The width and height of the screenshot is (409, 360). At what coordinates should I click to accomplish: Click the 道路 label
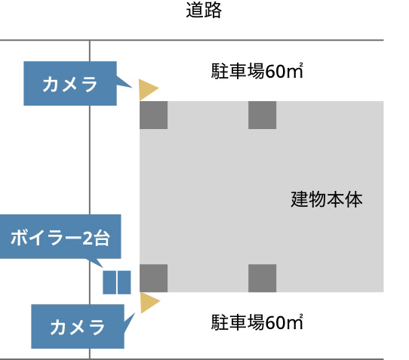pyautogui.click(x=204, y=10)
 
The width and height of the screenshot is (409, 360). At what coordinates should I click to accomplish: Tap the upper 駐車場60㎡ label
pyautogui.click(x=257, y=71)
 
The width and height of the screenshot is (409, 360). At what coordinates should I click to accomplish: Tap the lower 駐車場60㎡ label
pyautogui.click(x=257, y=322)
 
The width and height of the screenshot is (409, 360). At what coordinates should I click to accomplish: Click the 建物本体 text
pyautogui.click(x=327, y=199)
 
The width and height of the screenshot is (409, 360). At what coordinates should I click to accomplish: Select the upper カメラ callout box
pyautogui.click(x=70, y=84)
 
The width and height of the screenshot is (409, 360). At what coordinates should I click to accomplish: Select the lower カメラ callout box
pyautogui.click(x=78, y=326)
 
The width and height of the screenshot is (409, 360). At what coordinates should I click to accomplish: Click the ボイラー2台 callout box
pyautogui.click(x=60, y=237)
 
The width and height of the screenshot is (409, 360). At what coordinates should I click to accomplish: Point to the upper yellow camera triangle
pyautogui.click(x=147, y=90)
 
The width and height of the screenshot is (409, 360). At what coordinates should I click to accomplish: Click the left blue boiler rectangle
pyautogui.click(x=109, y=282)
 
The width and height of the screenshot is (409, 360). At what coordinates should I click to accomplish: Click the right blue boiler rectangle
pyautogui.click(x=125, y=282)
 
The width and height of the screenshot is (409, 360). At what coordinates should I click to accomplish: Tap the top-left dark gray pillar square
pyautogui.click(x=154, y=115)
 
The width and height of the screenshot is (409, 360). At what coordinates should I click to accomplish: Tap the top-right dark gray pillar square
pyautogui.click(x=262, y=115)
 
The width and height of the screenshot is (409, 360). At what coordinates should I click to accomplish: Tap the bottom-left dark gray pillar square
pyautogui.click(x=154, y=278)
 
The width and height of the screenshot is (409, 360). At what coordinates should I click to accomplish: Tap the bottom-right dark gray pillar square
pyautogui.click(x=262, y=278)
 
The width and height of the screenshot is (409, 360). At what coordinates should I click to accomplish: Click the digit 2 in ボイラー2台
pyautogui.click(x=88, y=238)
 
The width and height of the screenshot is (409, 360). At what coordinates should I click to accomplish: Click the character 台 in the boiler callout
pyautogui.click(x=102, y=238)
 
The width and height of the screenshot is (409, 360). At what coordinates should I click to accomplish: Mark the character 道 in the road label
pyautogui.click(x=195, y=10)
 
